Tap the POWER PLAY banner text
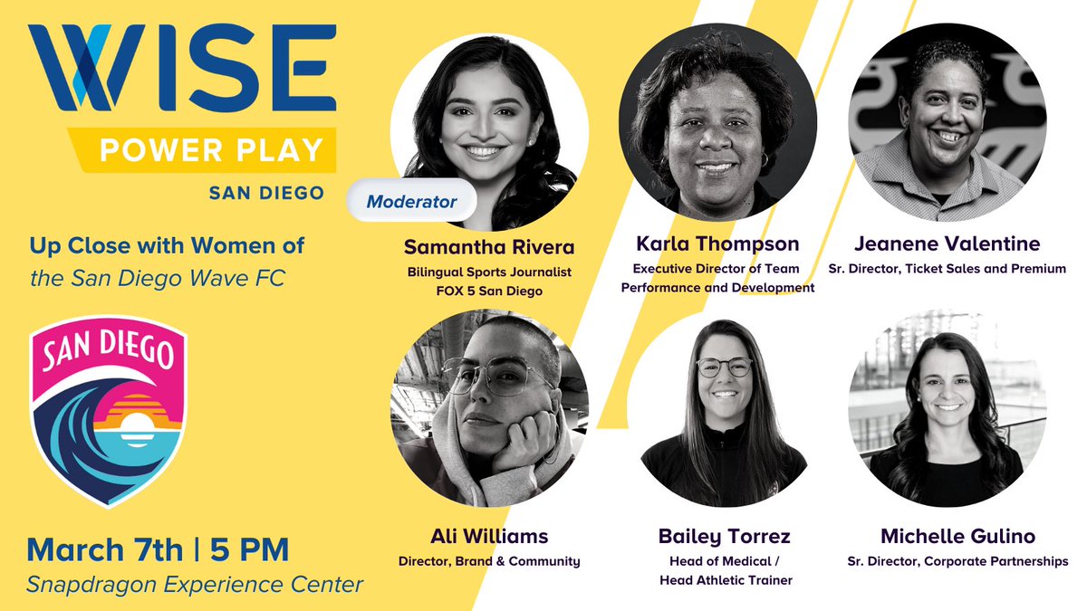(x=211, y=150)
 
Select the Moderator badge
(x=411, y=202)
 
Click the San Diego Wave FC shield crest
(x=108, y=411)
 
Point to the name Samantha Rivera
(x=489, y=247)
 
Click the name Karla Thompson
(x=717, y=243)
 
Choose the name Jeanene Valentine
(x=947, y=243)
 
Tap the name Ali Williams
(x=489, y=537)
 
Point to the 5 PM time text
(x=250, y=549)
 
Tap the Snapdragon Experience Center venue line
(x=195, y=584)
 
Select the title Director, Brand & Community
(x=489, y=561)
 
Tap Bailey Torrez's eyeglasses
(x=724, y=367)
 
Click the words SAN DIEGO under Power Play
(x=266, y=194)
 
